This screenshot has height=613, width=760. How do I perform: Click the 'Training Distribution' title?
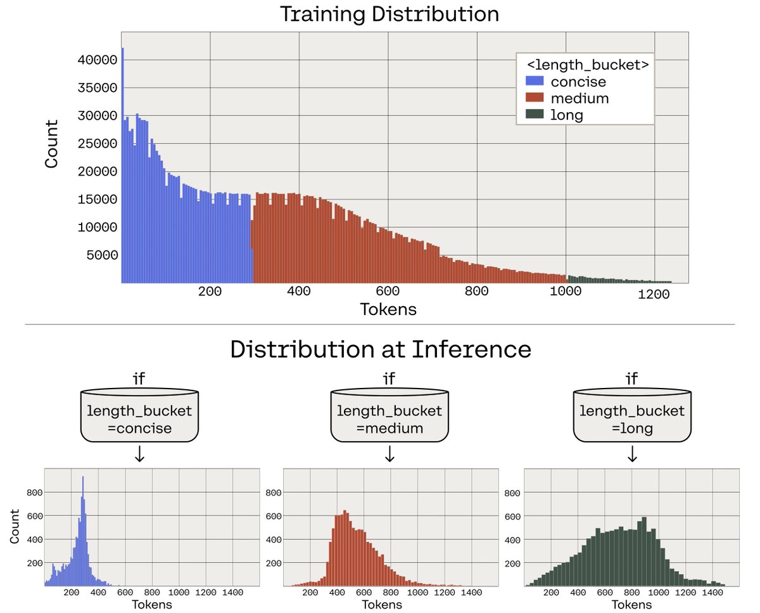point(389,15)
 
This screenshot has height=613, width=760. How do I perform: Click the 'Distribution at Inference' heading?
point(380,349)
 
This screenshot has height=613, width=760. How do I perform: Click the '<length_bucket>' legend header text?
point(586,65)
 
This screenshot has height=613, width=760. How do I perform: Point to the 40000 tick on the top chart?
point(97,60)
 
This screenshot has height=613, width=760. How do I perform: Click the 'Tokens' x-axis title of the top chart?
point(388,309)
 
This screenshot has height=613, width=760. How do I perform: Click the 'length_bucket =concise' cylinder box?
point(140,416)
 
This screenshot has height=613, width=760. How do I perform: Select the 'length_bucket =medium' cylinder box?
point(389,416)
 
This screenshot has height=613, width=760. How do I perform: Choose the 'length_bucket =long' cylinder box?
point(631,416)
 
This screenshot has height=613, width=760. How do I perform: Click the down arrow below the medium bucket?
point(389,454)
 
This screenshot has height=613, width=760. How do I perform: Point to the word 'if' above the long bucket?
point(631,379)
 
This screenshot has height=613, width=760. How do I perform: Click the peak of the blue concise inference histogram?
point(82,479)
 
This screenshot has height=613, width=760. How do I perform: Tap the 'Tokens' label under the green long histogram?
point(631,604)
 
